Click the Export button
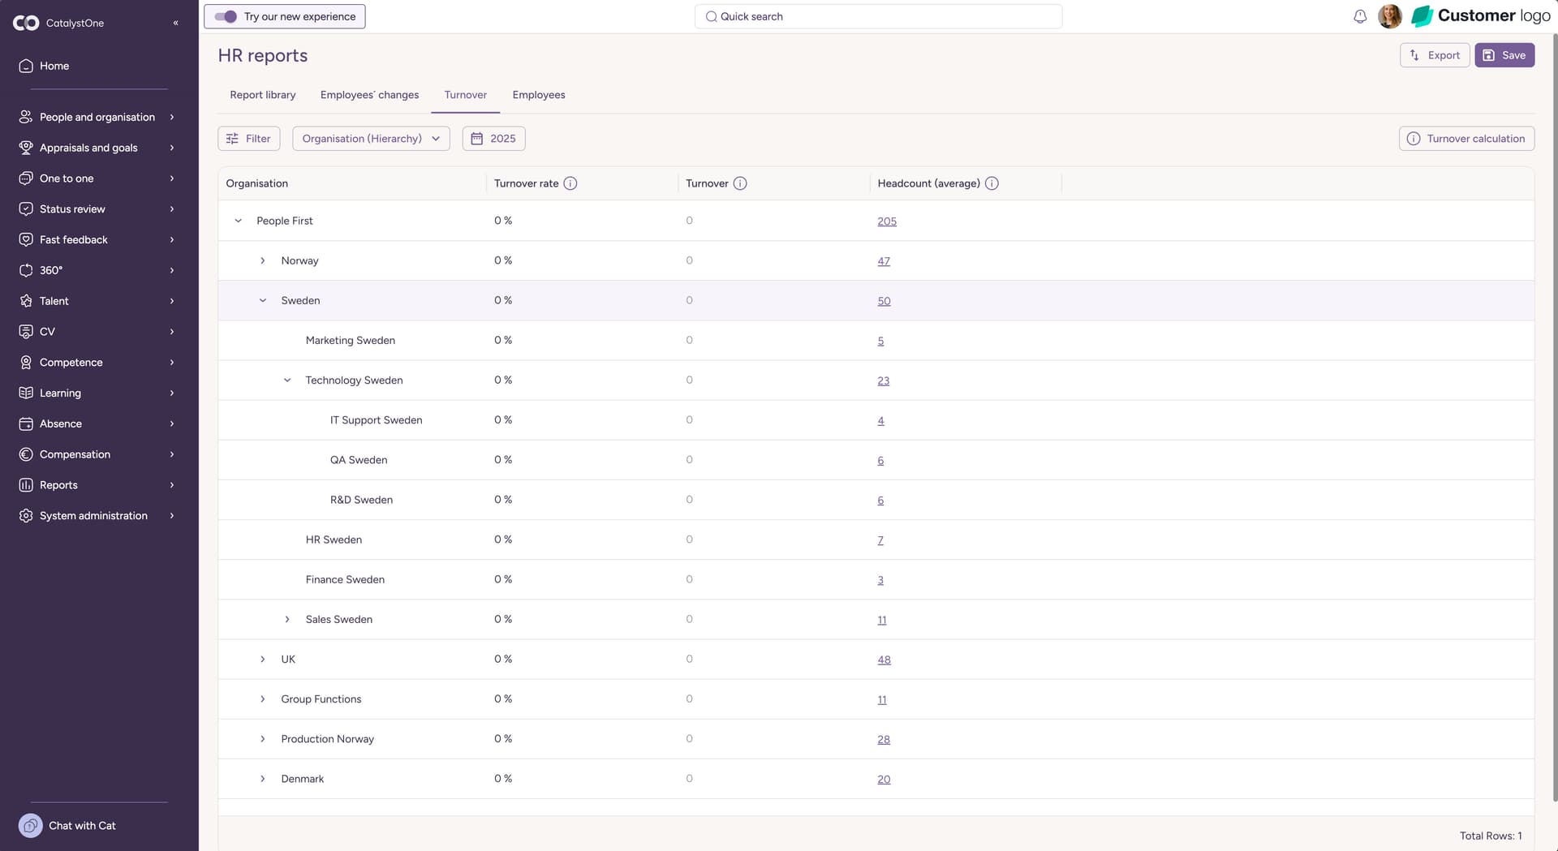[x=1435, y=55]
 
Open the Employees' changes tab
[x=369, y=95]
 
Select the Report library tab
[x=263, y=95]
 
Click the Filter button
[x=249, y=139]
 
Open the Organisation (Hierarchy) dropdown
[x=371, y=139]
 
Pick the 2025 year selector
[x=493, y=139]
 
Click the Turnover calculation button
[x=1466, y=139]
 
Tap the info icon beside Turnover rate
[x=570, y=183]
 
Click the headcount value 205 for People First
[x=887, y=221]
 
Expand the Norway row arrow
[x=262, y=260]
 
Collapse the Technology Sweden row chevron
[x=286, y=380]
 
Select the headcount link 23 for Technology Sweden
[x=883, y=380]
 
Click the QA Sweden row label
[x=359, y=460]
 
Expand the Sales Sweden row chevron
[x=286, y=619]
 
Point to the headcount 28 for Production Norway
[x=884, y=739]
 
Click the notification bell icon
[x=1360, y=16]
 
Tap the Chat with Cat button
[x=68, y=826]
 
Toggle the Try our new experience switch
[x=226, y=16]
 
